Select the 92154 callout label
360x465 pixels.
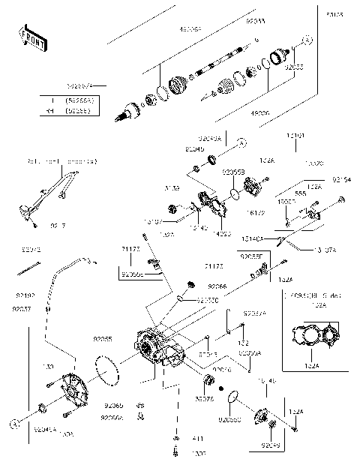coord(341,180)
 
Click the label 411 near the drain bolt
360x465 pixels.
coord(178,438)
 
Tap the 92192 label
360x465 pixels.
coord(24,296)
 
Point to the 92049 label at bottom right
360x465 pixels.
coord(271,445)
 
